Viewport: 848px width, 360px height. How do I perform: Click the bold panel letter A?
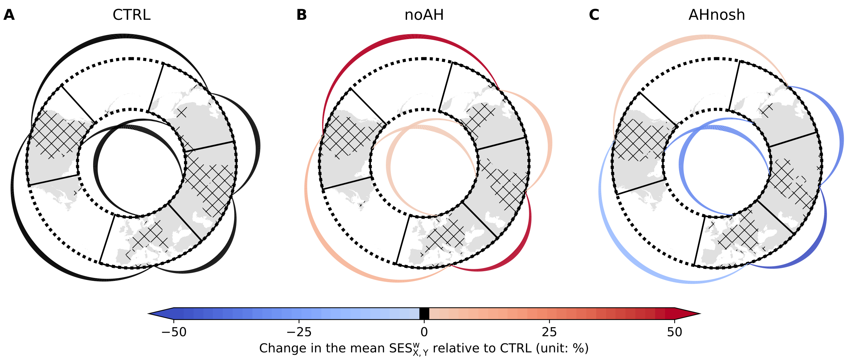[9, 15]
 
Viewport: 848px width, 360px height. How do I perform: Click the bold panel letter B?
[302, 15]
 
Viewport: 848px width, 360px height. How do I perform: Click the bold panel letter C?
[594, 15]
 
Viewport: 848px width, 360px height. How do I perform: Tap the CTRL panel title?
[131, 15]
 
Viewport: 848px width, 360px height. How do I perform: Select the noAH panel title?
[424, 15]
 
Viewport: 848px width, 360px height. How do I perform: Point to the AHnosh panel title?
[717, 15]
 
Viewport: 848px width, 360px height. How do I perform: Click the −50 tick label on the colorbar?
[174, 332]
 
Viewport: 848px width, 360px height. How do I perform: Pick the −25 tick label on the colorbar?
[299, 332]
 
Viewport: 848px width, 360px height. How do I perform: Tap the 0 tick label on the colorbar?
[424, 332]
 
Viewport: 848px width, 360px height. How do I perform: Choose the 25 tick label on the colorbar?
[549, 332]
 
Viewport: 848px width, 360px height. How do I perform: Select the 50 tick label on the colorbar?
[674, 332]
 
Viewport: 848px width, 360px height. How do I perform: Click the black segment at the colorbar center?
[424, 313]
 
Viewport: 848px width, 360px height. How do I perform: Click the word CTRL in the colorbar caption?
[516, 348]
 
